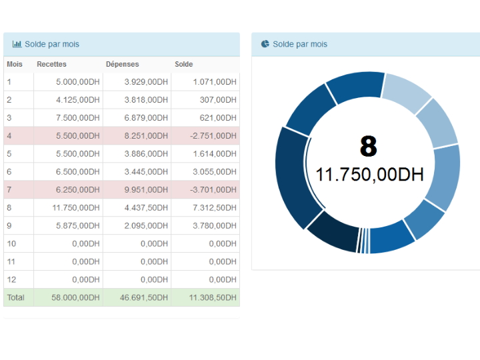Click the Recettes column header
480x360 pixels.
[x=52, y=64]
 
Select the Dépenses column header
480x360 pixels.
[x=122, y=64]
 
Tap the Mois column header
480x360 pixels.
[x=14, y=64]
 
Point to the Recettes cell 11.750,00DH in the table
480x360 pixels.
[x=75, y=208]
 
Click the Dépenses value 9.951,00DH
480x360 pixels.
[x=145, y=190]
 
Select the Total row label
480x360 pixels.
[x=15, y=297]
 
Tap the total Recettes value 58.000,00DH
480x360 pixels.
[x=75, y=297]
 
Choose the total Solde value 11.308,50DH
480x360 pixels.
[x=212, y=297]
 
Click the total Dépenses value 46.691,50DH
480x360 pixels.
[x=143, y=297]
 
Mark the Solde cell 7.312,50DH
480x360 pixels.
[x=214, y=208]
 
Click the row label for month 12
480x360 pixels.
[x=11, y=279]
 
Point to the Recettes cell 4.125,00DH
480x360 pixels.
[x=77, y=100]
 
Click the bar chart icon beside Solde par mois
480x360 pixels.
[x=17, y=44]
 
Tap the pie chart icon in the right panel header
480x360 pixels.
[x=265, y=44]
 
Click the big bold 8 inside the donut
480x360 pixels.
[x=368, y=146]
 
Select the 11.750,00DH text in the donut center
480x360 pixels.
[x=369, y=175]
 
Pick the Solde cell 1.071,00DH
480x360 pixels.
[x=215, y=82]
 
